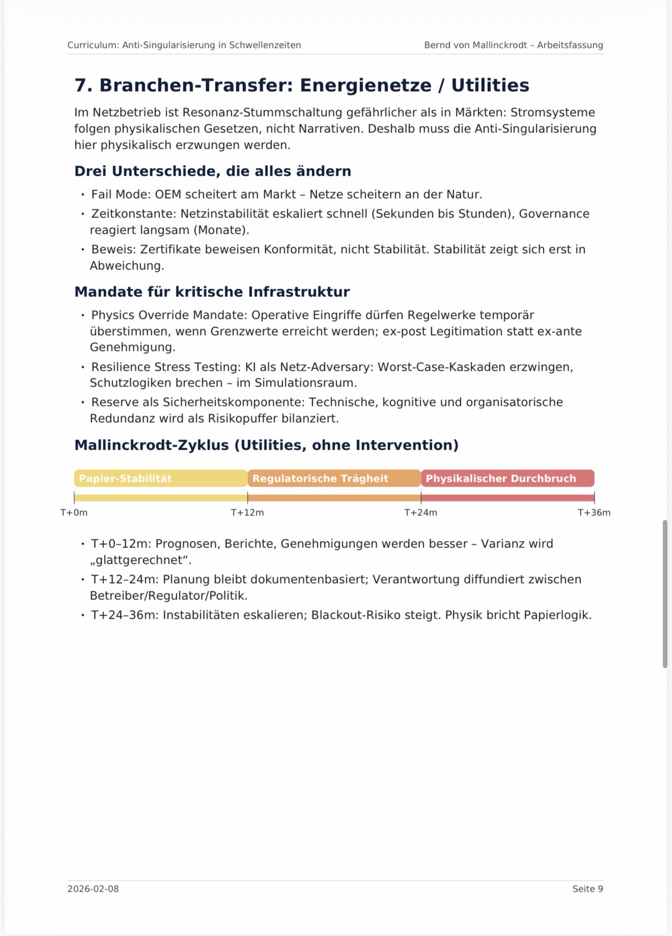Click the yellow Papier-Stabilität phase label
click(125, 479)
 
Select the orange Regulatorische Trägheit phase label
click(320, 479)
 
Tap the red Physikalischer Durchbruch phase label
click(501, 479)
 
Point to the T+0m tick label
click(74, 513)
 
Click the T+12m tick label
click(247, 513)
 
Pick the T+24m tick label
click(421, 513)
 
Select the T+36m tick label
click(594, 513)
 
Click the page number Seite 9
click(587, 889)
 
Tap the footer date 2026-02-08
click(93, 889)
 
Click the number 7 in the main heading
click(80, 85)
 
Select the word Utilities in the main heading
click(490, 85)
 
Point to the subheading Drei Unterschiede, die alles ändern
click(213, 171)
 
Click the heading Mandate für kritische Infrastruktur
click(212, 292)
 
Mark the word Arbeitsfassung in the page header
click(570, 45)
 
